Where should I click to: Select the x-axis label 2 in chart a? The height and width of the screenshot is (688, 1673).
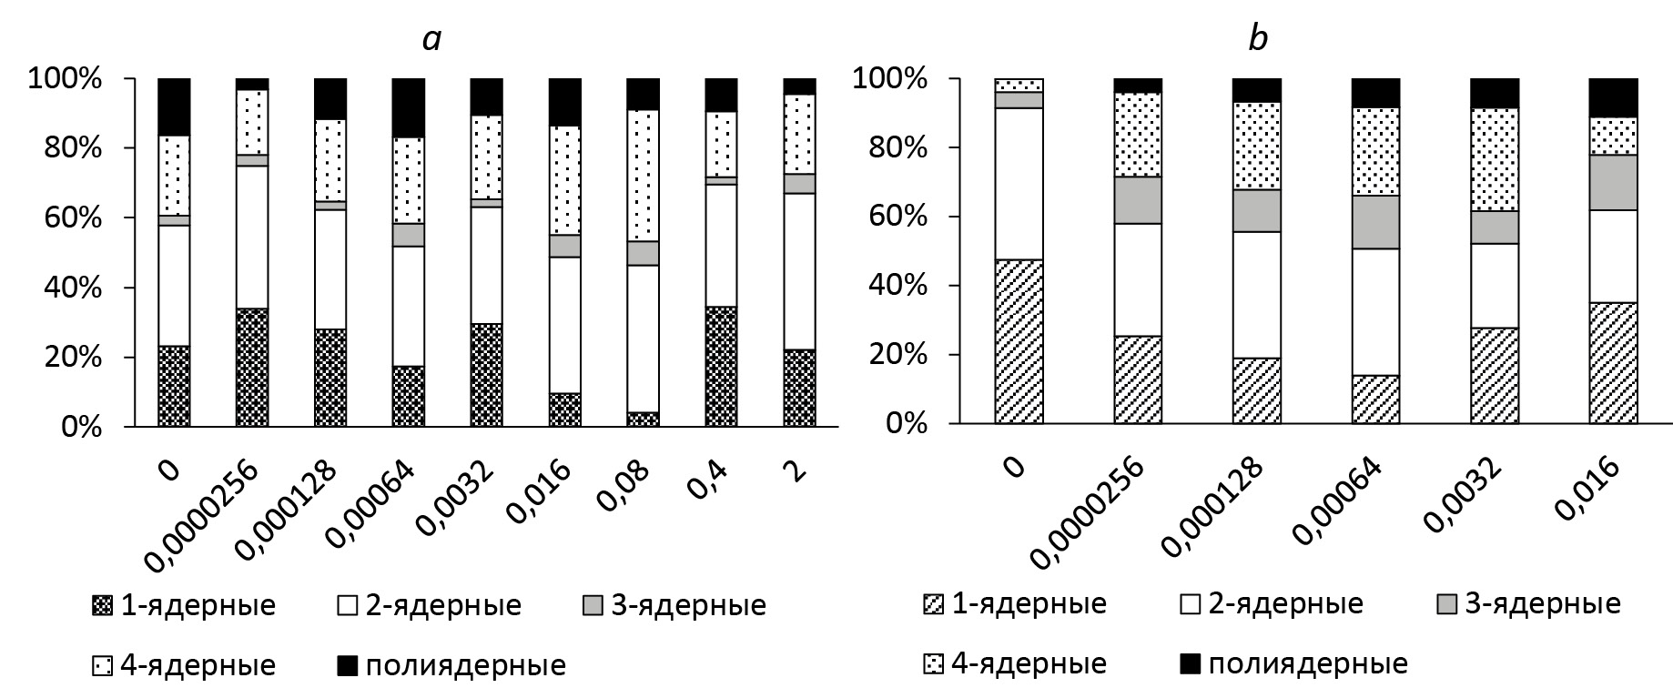tap(796, 472)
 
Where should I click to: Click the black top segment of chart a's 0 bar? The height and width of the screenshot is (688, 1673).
tap(174, 106)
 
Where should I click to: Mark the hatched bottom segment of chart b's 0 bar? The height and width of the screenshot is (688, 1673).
tap(1019, 341)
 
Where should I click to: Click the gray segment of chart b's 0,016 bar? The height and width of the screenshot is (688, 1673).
tap(1613, 182)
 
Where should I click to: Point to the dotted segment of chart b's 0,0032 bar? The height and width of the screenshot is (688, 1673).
tap(1495, 159)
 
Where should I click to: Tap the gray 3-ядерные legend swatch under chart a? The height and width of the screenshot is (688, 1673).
tap(593, 605)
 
